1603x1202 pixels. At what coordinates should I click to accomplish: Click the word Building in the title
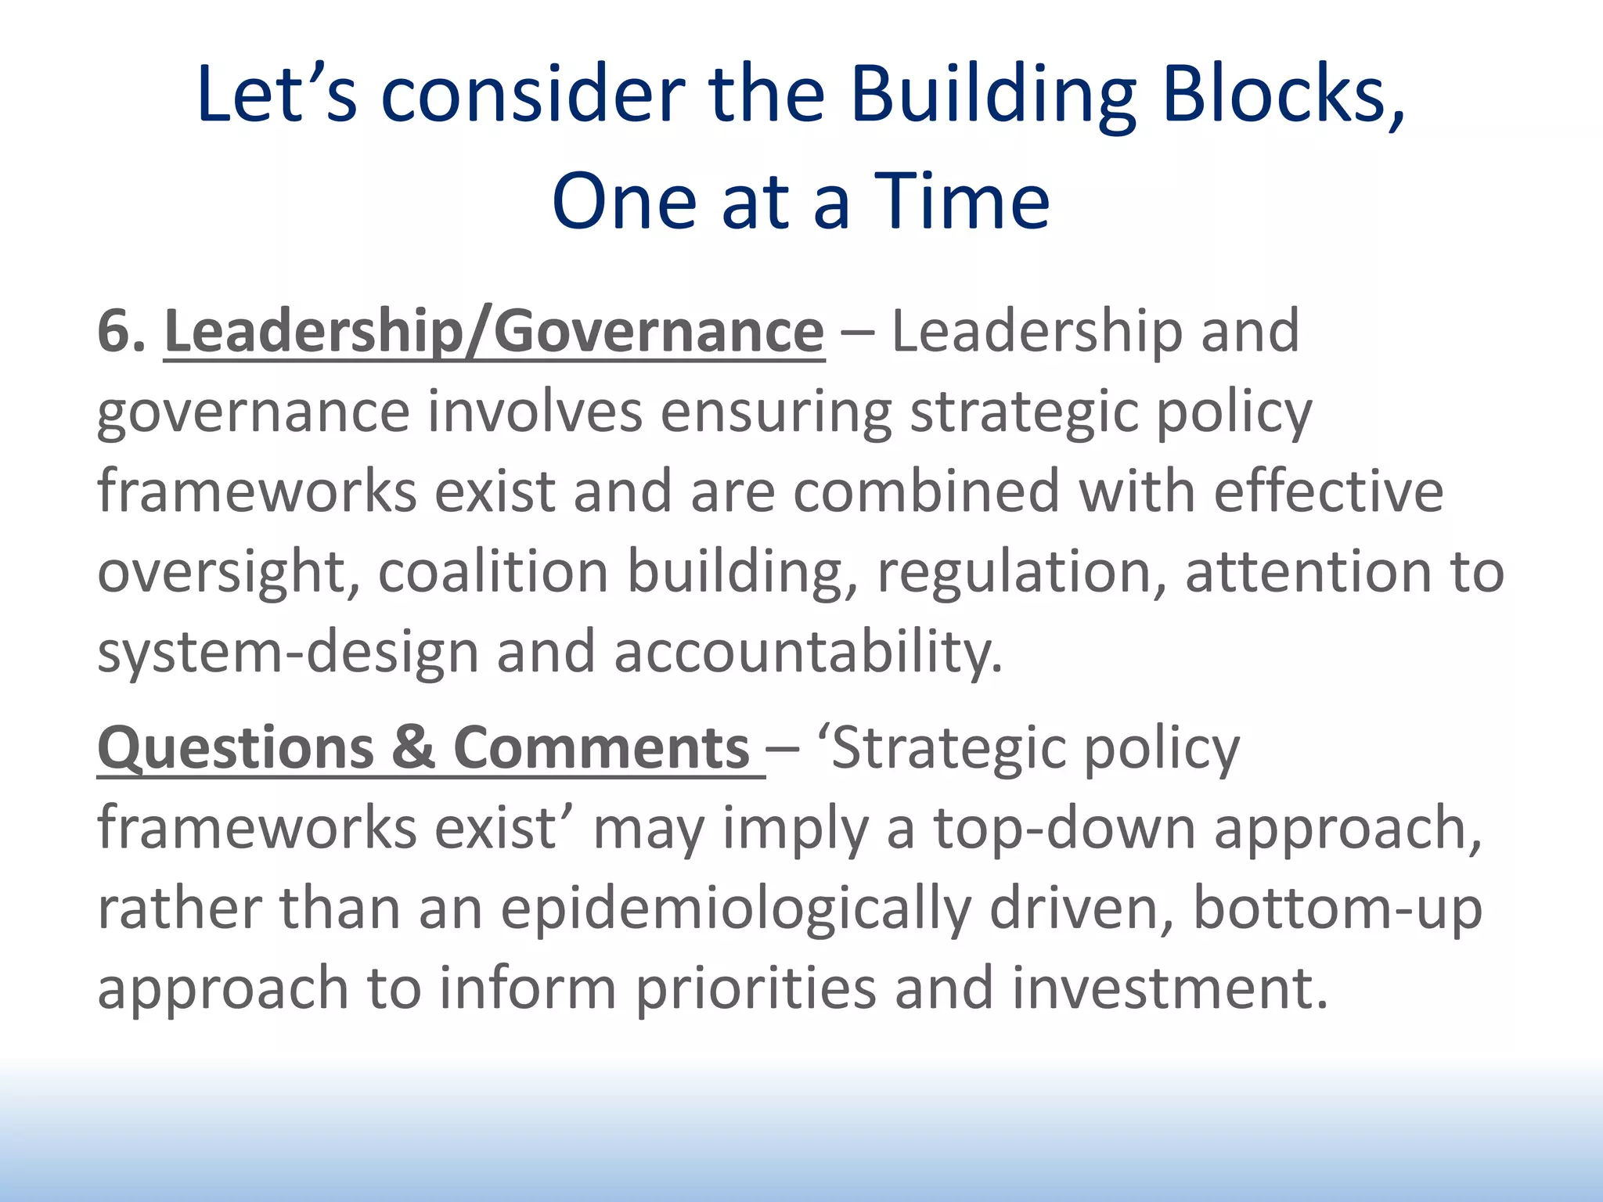click(x=992, y=95)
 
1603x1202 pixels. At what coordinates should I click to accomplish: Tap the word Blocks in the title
click(x=1284, y=95)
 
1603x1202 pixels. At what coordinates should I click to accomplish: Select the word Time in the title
click(x=961, y=202)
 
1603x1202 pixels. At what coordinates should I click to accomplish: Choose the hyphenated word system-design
click(x=287, y=653)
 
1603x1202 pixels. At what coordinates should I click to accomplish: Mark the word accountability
click(x=808, y=653)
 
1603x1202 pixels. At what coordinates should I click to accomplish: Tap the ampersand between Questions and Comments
click(x=413, y=747)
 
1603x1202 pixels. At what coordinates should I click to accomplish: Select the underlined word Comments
click(x=601, y=747)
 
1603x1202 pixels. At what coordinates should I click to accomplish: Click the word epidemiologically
click(x=736, y=909)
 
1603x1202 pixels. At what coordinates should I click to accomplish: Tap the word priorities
click(x=755, y=989)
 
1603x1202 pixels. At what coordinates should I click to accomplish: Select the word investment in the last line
click(x=1169, y=989)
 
